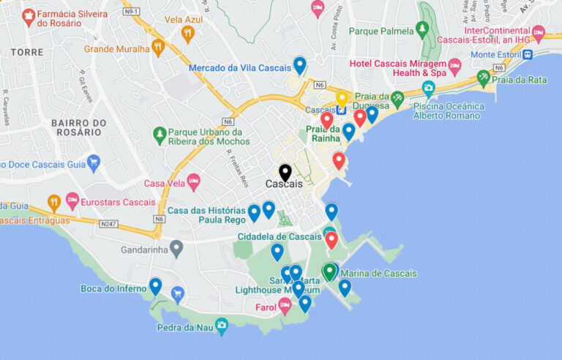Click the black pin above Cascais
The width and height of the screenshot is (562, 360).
click(x=285, y=173)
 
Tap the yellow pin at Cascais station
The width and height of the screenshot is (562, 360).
click(x=342, y=99)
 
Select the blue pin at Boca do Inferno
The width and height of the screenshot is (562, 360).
click(x=155, y=286)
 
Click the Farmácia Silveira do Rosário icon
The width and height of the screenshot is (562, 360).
click(x=29, y=17)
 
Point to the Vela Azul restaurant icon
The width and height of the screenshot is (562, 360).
click(x=187, y=34)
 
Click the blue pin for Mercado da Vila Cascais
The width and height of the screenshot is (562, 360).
click(x=299, y=65)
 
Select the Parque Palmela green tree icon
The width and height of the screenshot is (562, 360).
click(x=421, y=30)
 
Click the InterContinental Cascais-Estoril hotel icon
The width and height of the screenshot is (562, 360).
click(x=539, y=33)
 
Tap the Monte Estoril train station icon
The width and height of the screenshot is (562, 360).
click(x=528, y=54)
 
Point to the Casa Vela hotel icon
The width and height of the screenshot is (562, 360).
click(x=193, y=181)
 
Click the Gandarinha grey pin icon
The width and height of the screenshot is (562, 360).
click(x=176, y=248)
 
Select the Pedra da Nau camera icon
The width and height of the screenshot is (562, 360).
click(x=222, y=326)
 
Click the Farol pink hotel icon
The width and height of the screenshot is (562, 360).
click(x=285, y=307)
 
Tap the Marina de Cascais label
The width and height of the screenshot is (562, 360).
click(x=379, y=274)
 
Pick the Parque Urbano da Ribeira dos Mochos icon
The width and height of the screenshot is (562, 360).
click(x=160, y=135)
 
